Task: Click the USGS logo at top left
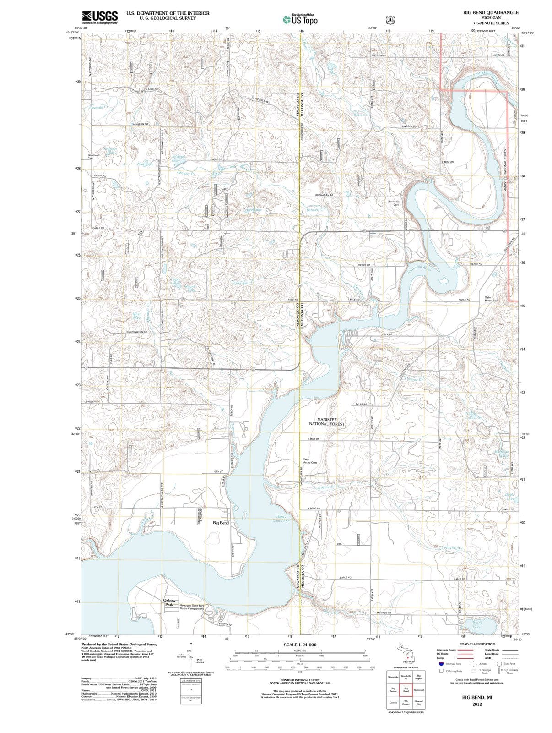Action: coord(100,17)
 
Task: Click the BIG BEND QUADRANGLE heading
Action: coord(491,12)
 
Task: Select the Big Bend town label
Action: coord(221,523)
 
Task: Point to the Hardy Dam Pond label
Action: coord(281,519)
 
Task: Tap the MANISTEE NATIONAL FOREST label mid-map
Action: coord(327,421)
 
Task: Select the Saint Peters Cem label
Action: coord(492,299)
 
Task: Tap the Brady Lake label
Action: coord(477,625)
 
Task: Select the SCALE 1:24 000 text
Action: coord(300,645)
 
